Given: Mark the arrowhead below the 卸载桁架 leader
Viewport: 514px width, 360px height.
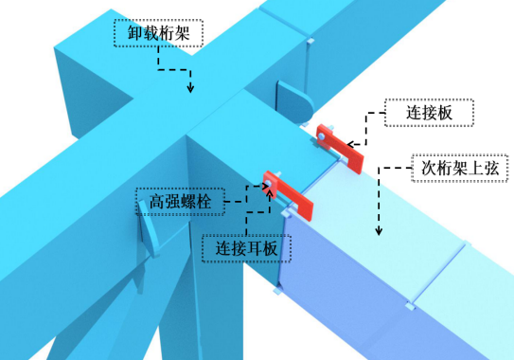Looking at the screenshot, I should click(x=190, y=89).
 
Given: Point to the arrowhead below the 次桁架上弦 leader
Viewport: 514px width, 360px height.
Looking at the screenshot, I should click(x=380, y=231).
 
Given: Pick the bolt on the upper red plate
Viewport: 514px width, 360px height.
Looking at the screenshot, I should click(x=325, y=137).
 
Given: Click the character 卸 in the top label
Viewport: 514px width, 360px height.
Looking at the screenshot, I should click(x=135, y=35).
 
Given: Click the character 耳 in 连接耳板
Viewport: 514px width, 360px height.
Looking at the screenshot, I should click(x=257, y=248).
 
